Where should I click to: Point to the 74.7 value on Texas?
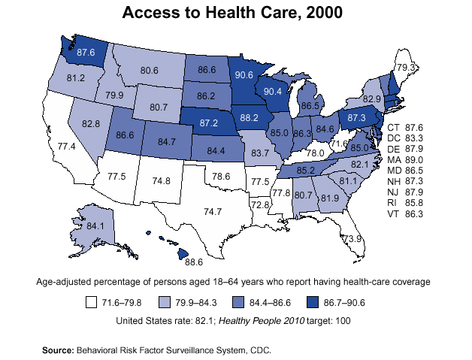point(215,212)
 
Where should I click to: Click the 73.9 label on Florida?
point(352,238)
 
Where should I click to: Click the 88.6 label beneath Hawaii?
point(194,263)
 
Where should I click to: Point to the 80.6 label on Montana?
point(149,70)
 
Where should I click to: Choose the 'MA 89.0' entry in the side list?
point(405,160)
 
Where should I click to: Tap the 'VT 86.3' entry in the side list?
point(405,213)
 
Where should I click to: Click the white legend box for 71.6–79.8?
point(91,303)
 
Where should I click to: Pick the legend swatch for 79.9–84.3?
point(165,303)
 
